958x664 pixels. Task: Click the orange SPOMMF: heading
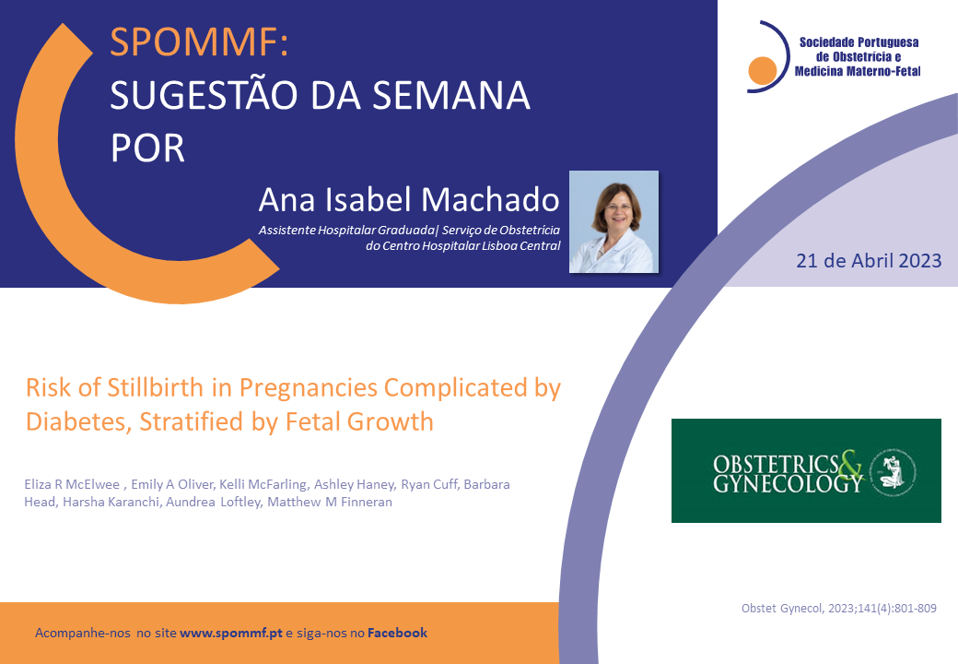199,41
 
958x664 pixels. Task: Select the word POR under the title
147,148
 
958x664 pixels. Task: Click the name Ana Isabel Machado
409,199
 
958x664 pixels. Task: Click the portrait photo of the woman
614,222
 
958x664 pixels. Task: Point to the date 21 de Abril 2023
869,261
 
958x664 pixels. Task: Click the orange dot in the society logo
762,70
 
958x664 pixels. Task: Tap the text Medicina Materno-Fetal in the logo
858,72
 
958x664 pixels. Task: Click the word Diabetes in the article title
77,421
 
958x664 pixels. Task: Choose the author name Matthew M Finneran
330,502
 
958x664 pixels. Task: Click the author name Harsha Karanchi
111,502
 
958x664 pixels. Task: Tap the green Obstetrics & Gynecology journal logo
806,470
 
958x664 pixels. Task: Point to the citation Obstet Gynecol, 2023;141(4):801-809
839,609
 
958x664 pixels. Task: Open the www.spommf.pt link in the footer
231,633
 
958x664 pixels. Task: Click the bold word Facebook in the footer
397,633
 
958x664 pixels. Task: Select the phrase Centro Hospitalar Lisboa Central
471,246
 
